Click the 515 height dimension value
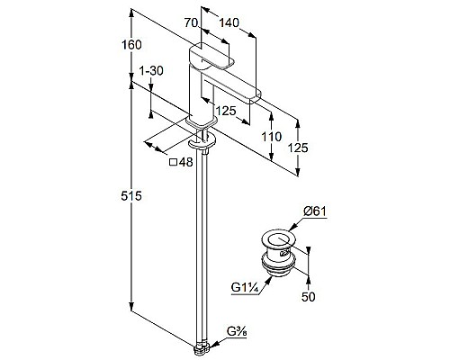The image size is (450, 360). pyautogui.click(x=131, y=196)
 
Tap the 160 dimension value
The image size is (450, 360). pyautogui.click(x=131, y=45)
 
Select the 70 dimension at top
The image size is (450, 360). pyautogui.click(x=192, y=22)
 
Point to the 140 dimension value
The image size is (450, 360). pyautogui.click(x=229, y=22)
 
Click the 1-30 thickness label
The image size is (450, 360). pyautogui.click(x=151, y=71)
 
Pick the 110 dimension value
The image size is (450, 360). pyautogui.click(x=272, y=137)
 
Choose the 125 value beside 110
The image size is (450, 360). pyautogui.click(x=298, y=148)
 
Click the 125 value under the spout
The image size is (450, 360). pyautogui.click(x=226, y=111)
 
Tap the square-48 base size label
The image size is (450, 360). pyautogui.click(x=181, y=162)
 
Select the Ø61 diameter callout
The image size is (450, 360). pyautogui.click(x=314, y=211)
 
